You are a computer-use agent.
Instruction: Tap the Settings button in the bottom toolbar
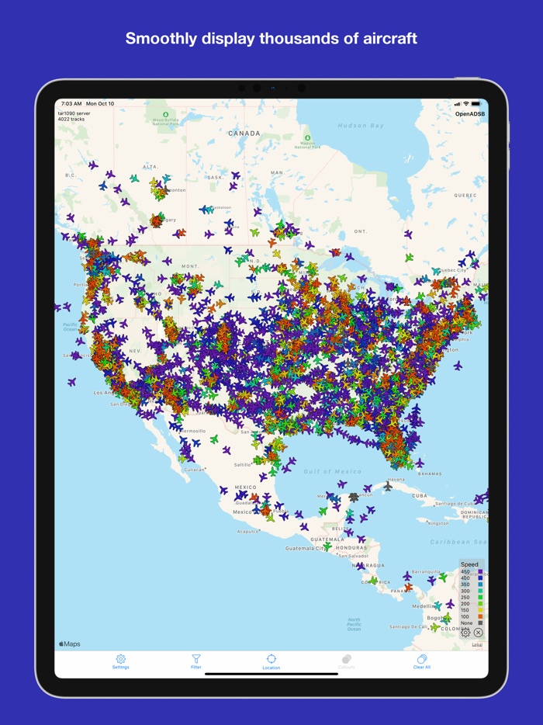120,661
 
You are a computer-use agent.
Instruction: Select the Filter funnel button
196,661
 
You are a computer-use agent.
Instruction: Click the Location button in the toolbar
271,661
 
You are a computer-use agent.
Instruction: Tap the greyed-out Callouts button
347,661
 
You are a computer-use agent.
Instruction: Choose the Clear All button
422,661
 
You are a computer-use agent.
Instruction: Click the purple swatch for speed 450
480,572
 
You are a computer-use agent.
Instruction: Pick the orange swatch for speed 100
480,616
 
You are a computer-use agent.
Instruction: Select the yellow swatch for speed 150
480,610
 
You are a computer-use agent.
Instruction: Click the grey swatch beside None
480,623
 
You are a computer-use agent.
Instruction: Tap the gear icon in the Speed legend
465,633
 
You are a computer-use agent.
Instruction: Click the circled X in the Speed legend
478,633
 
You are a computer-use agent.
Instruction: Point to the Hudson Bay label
361,126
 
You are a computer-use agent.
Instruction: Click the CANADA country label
244,134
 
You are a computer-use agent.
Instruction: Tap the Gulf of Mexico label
333,471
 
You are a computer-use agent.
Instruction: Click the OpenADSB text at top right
469,114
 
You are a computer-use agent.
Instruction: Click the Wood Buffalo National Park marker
165,116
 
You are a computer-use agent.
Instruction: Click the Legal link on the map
477,644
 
